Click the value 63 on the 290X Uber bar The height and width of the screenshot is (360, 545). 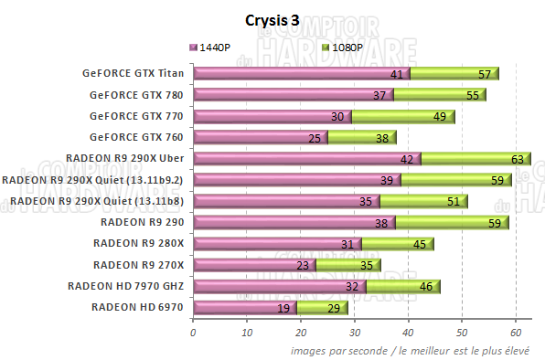pyautogui.click(x=517, y=159)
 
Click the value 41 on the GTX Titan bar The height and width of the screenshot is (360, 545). pyautogui.click(x=396, y=74)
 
